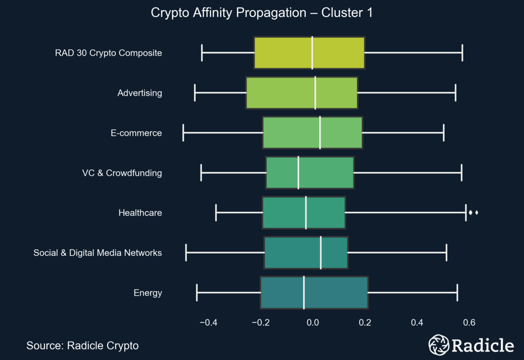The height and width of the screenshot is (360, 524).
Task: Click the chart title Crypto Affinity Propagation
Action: click(x=261, y=13)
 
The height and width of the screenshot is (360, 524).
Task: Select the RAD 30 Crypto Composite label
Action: click(x=108, y=53)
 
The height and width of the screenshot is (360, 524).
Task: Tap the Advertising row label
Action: click(x=140, y=93)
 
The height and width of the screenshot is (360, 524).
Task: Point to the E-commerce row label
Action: click(x=136, y=133)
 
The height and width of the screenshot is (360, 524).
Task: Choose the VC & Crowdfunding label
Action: click(x=122, y=173)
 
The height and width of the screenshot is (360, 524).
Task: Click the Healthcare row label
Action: click(x=140, y=213)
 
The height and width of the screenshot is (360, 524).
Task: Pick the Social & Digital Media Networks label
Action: click(x=98, y=253)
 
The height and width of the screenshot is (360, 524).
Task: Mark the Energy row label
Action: click(x=148, y=293)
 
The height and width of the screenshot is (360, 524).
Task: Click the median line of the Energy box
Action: click(x=304, y=292)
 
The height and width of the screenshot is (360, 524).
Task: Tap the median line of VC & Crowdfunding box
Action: click(x=298, y=172)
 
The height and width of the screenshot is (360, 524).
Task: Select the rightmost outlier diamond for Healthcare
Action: click(x=476, y=213)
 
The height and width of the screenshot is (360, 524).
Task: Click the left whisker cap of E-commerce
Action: click(x=183, y=133)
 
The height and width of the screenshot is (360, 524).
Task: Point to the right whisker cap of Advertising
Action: click(x=455, y=93)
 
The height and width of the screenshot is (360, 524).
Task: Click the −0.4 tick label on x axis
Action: click(x=208, y=323)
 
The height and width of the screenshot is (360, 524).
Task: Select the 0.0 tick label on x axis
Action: click(x=312, y=323)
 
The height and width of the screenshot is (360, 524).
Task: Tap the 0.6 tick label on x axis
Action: click(x=469, y=323)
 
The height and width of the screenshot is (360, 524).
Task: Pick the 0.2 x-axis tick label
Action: click(x=365, y=323)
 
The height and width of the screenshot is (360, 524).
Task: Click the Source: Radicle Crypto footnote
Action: click(x=83, y=346)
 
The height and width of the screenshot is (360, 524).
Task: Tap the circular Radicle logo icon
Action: click(x=438, y=345)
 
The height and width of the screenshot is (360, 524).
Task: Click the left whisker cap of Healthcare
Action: click(x=216, y=213)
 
